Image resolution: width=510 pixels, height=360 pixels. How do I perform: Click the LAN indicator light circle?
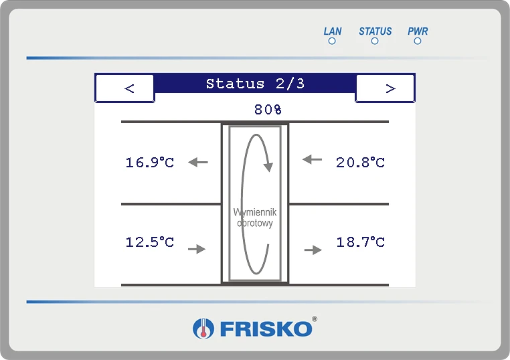(x=332, y=41)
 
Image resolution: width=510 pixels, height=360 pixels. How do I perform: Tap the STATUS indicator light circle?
(x=375, y=41)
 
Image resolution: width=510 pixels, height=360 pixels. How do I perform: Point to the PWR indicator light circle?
(x=418, y=41)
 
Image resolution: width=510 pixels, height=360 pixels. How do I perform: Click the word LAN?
(x=333, y=31)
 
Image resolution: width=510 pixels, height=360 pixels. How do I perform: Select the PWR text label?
(x=418, y=31)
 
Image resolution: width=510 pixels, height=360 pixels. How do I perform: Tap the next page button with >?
(x=386, y=88)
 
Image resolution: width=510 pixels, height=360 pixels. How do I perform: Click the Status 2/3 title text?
(x=255, y=84)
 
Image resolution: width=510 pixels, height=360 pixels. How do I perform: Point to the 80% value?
(x=268, y=110)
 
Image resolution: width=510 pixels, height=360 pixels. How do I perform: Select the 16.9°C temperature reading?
(x=150, y=163)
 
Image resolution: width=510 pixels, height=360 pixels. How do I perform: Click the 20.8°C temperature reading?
(x=360, y=163)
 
